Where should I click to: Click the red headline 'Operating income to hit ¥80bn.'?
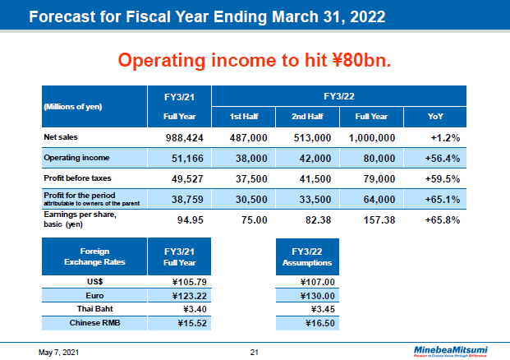255,60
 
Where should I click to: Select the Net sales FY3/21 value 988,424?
179,136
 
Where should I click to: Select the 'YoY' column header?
436,116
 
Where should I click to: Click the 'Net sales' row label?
62,136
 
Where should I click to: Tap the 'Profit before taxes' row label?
77,178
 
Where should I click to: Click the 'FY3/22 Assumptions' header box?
307,257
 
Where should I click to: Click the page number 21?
255,353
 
